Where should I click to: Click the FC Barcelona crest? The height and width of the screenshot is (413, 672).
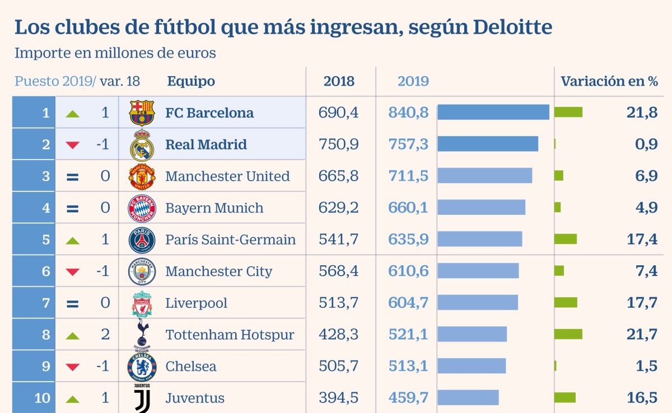(x=142, y=112)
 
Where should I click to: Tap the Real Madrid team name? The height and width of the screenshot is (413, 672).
(x=206, y=144)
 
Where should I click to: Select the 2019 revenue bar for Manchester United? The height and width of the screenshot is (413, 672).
(x=484, y=176)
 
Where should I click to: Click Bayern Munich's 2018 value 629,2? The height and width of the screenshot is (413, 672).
(x=338, y=208)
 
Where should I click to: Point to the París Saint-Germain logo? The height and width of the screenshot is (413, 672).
(x=142, y=240)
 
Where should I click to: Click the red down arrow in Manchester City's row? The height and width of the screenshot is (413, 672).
(x=72, y=272)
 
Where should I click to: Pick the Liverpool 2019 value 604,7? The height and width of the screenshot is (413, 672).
(x=408, y=303)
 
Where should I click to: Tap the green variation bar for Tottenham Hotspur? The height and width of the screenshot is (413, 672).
(x=568, y=335)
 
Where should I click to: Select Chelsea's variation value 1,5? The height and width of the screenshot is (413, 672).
(x=646, y=367)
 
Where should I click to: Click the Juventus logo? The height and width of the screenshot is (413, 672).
(x=142, y=398)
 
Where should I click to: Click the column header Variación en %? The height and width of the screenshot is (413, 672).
(x=609, y=81)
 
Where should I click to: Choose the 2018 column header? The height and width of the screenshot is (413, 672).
(x=339, y=81)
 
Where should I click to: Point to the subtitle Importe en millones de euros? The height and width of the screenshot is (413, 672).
(x=115, y=53)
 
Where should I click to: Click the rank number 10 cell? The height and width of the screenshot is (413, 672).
(x=42, y=398)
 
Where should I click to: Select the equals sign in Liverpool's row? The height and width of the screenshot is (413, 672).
(x=72, y=304)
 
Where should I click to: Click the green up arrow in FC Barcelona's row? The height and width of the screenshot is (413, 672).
(x=72, y=114)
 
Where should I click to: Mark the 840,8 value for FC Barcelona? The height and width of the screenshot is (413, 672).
(x=408, y=112)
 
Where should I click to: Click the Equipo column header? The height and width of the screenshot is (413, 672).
(x=191, y=81)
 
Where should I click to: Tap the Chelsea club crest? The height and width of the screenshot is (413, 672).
(x=142, y=367)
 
